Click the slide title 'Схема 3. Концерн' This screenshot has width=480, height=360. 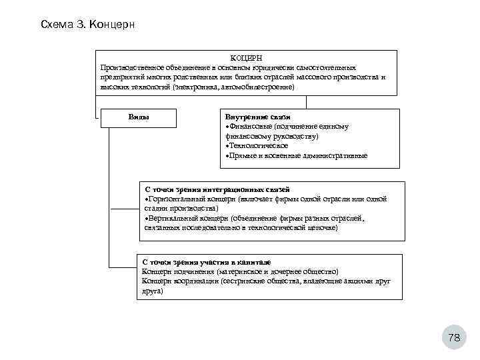[x=87, y=25]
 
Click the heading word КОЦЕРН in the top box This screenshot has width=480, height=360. [x=246, y=59]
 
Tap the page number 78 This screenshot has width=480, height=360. [x=454, y=338]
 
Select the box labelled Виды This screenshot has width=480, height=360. [x=138, y=117]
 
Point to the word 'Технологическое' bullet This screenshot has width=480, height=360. [x=259, y=145]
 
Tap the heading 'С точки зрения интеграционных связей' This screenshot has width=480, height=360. [x=217, y=190]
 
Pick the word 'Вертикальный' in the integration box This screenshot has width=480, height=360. [x=172, y=218]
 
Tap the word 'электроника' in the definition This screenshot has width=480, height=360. [x=199, y=87]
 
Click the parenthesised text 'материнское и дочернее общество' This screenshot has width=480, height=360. [x=277, y=272]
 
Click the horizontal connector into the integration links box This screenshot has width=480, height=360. [x=124, y=209]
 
